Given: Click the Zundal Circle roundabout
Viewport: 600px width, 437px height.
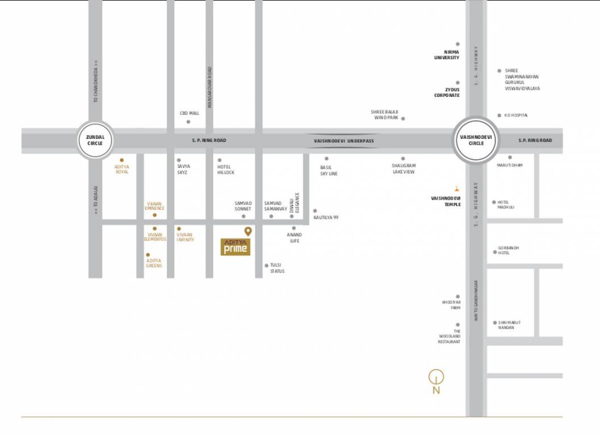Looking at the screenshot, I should [x=95, y=140].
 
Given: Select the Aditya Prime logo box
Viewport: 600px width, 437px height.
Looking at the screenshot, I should [x=235, y=247].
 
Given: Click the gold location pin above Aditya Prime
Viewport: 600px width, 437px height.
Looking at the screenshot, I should [x=248, y=231].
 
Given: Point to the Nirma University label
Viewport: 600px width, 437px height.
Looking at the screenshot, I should [x=447, y=55].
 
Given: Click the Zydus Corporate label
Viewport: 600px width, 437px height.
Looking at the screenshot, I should [x=447, y=93].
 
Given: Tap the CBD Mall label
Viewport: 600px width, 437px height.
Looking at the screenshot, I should [x=189, y=113].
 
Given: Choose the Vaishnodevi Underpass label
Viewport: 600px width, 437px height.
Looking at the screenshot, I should [x=344, y=141].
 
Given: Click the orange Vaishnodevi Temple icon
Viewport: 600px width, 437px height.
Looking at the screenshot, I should [x=456, y=188].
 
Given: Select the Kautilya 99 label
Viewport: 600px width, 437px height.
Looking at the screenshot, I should [x=326, y=217].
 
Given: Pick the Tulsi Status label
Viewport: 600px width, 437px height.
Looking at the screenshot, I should [x=277, y=268].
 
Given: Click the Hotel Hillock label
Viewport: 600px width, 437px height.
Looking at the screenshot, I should [x=226, y=169].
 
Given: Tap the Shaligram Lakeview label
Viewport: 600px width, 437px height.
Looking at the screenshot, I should [x=403, y=168].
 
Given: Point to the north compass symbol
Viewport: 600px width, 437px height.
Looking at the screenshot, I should [x=436, y=377].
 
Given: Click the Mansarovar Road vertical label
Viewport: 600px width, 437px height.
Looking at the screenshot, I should [x=210, y=87].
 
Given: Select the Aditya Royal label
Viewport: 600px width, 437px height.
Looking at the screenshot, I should [x=122, y=169].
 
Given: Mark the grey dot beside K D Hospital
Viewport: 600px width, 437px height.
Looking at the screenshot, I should [x=499, y=115].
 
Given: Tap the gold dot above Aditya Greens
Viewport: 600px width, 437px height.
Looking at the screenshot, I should [x=148, y=255].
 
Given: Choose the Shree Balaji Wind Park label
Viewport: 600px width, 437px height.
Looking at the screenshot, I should [x=385, y=115].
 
